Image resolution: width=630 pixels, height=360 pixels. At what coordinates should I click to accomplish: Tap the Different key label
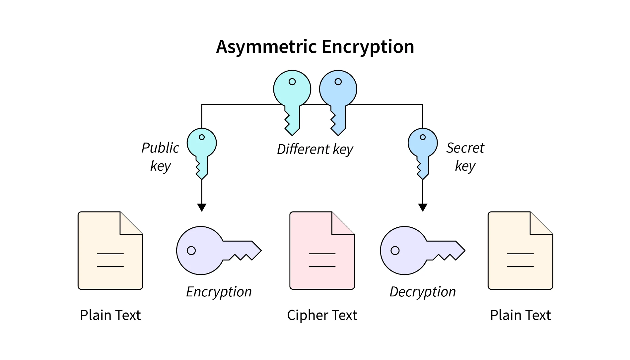coord(315,149)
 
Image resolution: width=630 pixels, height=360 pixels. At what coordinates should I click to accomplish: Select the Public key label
coord(160,156)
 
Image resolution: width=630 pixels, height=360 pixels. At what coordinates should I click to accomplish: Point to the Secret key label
coord(465,156)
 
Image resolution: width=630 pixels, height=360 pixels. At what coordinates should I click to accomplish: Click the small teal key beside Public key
coord(202,149)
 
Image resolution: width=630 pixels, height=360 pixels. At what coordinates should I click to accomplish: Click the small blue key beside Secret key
coord(423,149)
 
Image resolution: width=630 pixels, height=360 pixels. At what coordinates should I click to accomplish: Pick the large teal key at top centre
coord(292,96)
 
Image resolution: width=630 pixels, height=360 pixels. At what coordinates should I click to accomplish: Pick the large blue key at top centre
coord(338,96)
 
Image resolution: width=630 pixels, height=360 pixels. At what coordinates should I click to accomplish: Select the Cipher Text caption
coord(322,315)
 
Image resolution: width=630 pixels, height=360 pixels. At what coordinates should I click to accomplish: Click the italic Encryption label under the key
coord(219,292)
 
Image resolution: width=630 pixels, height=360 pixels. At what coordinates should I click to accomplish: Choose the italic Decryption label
coord(423,292)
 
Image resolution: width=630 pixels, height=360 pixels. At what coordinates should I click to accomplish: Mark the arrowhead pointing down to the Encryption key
coord(202,207)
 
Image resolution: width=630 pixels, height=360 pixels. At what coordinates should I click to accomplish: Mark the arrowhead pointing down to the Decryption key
coord(423,207)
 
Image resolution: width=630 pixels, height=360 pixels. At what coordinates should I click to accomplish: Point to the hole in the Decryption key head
coord(395,251)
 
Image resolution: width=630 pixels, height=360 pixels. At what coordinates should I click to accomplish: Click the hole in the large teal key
coord(292,82)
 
